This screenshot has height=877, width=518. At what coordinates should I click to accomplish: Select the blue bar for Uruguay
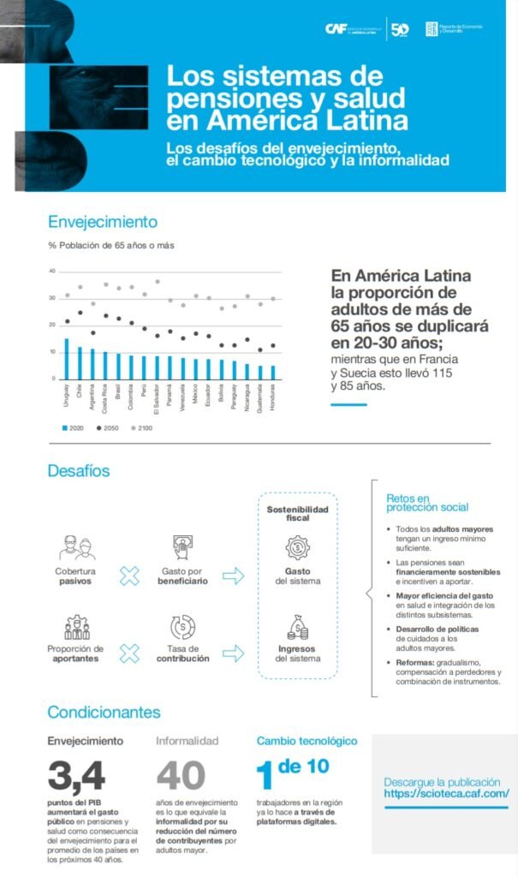[66, 358]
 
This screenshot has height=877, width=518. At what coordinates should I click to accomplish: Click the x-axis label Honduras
[274, 399]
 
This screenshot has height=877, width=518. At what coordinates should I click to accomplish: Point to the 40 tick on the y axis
[52, 271]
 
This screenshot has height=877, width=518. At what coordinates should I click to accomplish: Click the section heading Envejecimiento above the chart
[103, 222]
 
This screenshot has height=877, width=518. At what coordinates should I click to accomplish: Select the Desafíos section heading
[79, 470]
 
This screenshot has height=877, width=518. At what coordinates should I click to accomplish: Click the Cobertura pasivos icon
[76, 546]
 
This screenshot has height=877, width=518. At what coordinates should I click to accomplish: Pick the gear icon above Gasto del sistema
[297, 546]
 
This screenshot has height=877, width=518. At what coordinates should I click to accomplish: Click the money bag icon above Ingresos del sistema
[297, 628]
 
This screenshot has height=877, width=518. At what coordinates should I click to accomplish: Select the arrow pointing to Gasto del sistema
[233, 576]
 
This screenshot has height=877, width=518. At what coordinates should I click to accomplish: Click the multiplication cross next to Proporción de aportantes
[129, 654]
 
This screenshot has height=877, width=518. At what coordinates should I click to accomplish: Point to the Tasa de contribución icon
[182, 626]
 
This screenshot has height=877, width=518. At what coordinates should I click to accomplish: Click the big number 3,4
[76, 774]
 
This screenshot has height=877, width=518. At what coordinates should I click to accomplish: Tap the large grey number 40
[181, 774]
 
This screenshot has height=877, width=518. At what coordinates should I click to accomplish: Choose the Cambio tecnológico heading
[307, 741]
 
